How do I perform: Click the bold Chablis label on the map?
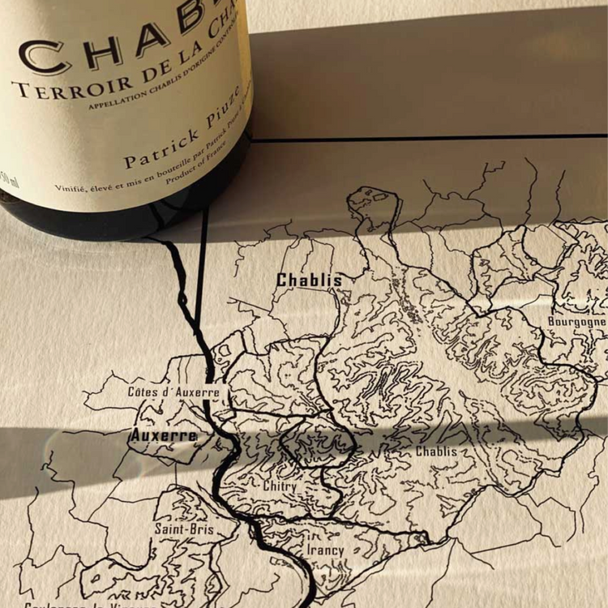[309, 280]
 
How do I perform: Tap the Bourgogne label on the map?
[576, 321]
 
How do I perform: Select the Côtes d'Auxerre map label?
[173, 392]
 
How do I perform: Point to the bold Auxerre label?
[164, 435]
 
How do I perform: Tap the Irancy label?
[325, 550]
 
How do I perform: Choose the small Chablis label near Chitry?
[436, 452]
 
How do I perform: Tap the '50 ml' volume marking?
[10, 195]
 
